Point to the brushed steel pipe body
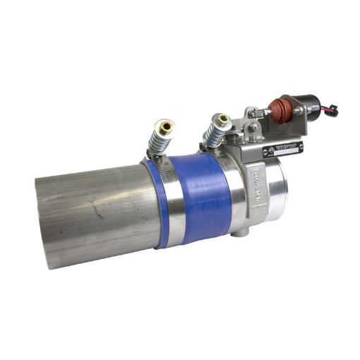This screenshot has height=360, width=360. [x=99, y=212]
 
